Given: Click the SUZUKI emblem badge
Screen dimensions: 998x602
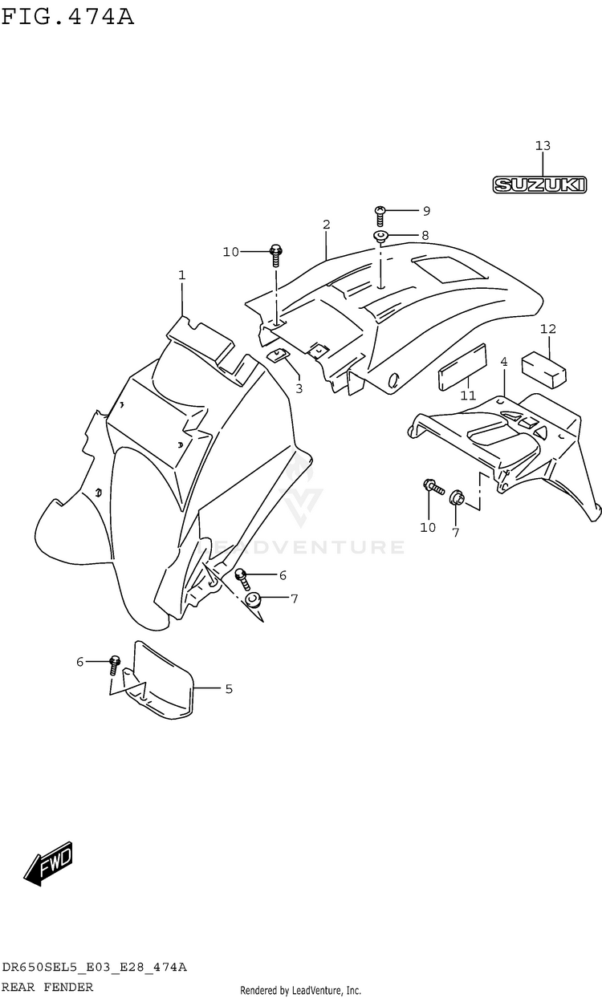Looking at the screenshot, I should (539, 185).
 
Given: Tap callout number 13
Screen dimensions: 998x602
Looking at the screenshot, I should (543, 146).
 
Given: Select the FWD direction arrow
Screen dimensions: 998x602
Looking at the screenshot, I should (50, 865).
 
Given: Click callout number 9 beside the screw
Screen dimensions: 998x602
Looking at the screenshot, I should (426, 211).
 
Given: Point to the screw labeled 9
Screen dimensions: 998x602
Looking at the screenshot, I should (380, 213).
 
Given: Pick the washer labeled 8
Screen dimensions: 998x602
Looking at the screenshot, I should (380, 236).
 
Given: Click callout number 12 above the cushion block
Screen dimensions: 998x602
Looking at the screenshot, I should (548, 329).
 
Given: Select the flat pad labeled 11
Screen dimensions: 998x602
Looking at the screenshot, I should (463, 368).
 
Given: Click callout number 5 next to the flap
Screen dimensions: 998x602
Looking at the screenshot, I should (229, 688).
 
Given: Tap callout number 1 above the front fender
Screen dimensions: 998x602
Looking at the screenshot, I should (182, 275).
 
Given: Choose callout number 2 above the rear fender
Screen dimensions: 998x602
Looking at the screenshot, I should (327, 224).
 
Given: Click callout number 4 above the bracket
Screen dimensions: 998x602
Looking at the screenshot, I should (503, 363).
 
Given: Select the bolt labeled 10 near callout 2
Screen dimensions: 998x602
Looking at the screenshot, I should (276, 254).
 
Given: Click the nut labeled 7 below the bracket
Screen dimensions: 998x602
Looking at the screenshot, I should (455, 497).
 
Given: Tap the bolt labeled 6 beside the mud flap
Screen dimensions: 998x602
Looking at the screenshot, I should (114, 663).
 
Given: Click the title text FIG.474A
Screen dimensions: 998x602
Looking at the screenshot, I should (67, 15).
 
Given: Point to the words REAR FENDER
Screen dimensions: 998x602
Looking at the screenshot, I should (47, 986).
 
